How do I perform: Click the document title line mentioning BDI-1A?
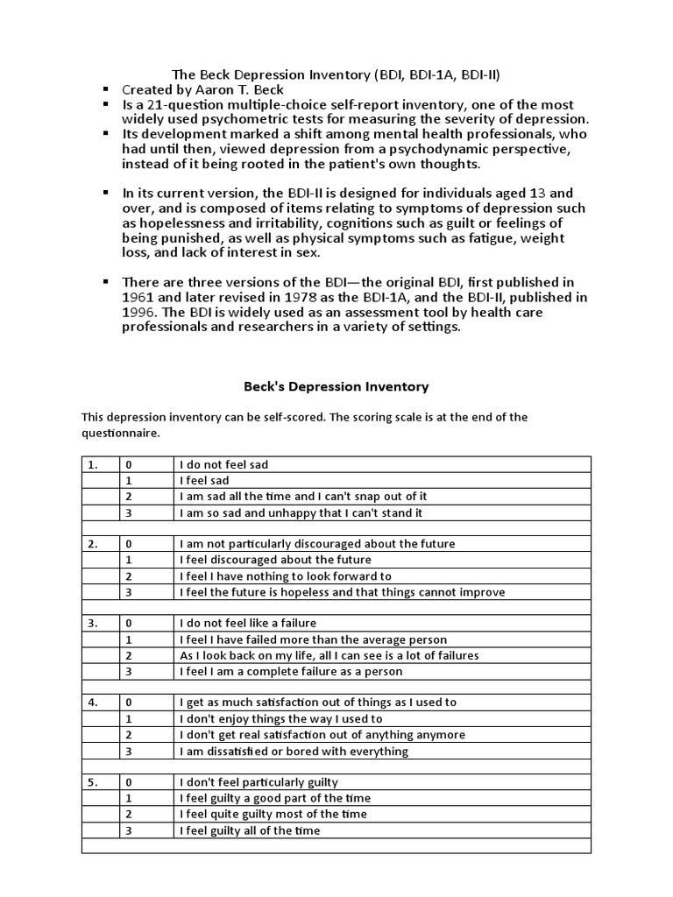click(336, 74)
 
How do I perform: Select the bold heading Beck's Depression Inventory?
click(336, 385)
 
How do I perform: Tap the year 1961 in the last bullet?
click(138, 296)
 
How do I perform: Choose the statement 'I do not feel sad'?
click(223, 464)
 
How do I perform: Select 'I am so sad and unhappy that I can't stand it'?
click(301, 512)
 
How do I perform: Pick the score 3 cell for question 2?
click(129, 592)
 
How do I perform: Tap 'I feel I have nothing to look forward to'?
click(285, 576)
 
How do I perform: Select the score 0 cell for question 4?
click(129, 703)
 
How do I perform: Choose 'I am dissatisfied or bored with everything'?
click(294, 751)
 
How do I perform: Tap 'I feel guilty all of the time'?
click(250, 830)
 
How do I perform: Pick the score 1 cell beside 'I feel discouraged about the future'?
click(129, 560)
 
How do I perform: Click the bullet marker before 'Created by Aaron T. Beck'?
click(105, 89)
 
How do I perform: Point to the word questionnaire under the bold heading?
click(121, 433)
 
